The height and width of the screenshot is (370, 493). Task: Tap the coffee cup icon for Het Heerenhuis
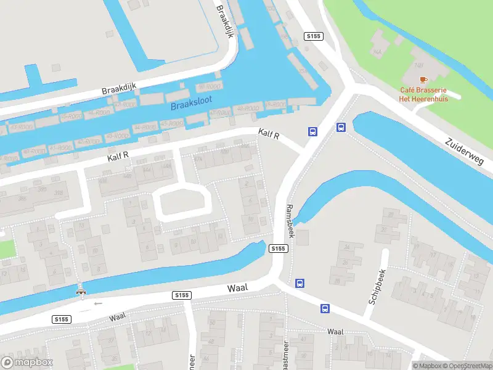point(423,80)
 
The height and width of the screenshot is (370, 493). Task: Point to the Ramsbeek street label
point(290,221)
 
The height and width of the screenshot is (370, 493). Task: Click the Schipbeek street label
point(377,287)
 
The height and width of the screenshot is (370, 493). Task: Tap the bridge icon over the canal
point(80,290)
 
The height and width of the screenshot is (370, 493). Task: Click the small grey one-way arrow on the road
point(97,303)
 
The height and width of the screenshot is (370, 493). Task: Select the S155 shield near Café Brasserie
point(314,37)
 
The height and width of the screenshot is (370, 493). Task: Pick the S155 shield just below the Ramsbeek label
point(279,248)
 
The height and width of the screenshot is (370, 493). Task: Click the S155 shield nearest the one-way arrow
point(60,319)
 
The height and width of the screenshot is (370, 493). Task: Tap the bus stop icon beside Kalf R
point(313,131)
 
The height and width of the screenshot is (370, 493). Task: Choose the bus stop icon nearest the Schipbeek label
point(324,308)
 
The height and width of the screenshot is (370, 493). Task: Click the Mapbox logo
point(27,363)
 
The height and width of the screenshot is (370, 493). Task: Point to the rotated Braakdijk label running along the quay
point(226,22)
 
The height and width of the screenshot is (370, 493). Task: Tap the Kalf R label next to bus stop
point(269,134)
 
